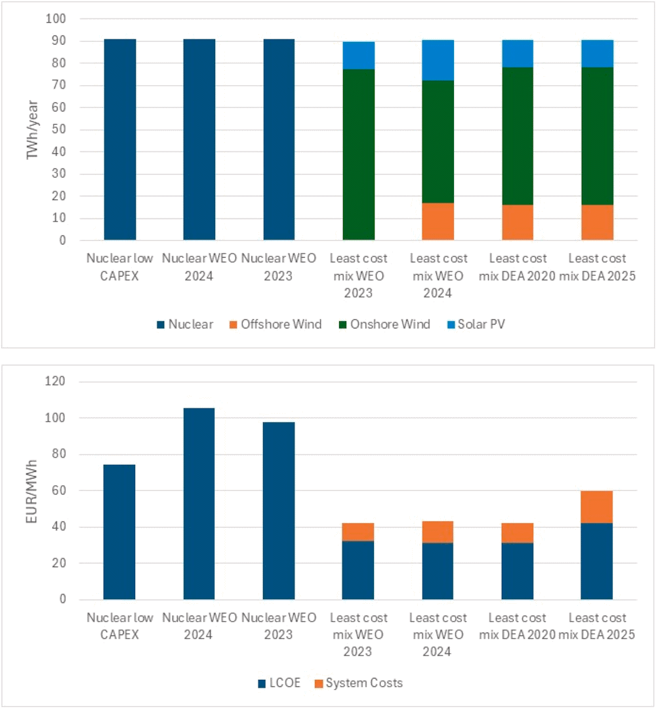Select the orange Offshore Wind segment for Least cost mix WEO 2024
(x=438, y=222)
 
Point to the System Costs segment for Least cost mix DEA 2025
(x=597, y=507)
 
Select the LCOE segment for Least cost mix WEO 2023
(x=358, y=570)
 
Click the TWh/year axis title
(x=31, y=129)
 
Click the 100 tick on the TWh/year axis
(x=57, y=20)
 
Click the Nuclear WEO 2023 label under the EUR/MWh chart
(x=279, y=626)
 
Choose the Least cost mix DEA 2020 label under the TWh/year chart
(x=517, y=267)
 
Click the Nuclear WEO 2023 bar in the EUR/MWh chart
(x=279, y=511)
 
